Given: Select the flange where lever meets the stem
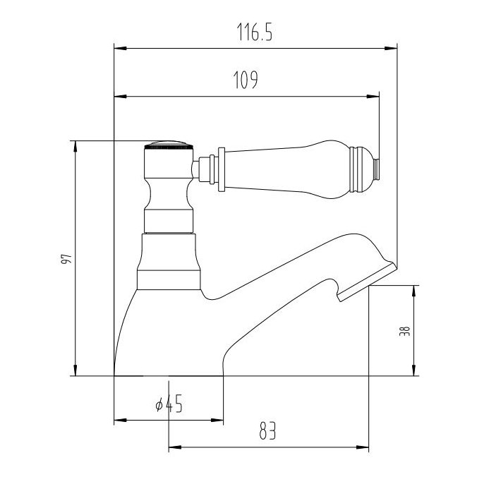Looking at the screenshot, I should pos(222,169).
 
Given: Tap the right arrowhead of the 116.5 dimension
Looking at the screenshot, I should pos(392,49).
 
